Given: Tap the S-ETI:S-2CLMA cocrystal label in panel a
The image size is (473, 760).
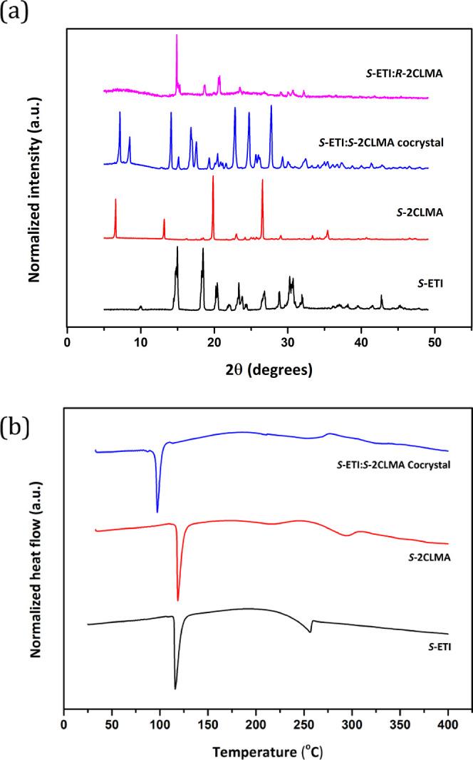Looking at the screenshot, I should click(x=382, y=142).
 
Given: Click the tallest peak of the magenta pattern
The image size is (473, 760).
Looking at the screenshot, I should click(x=177, y=36).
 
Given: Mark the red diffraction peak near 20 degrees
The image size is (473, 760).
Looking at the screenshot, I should click(x=213, y=177).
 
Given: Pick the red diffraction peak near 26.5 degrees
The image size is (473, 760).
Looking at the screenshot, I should click(x=262, y=181).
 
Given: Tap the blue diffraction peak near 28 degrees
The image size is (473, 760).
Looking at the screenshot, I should click(x=271, y=107).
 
